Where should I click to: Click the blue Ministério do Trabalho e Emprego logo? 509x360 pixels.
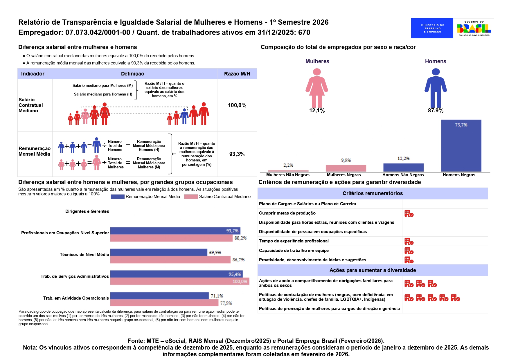(x=432, y=28)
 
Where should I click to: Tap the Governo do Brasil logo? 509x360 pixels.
(x=474, y=28)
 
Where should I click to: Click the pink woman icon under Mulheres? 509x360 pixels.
(x=317, y=88)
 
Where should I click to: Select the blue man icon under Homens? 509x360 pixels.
(x=436, y=88)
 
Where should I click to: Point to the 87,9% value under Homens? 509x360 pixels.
(x=436, y=111)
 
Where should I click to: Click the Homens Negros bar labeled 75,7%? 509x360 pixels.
(x=461, y=146)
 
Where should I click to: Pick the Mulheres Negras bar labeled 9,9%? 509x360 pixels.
(x=346, y=168)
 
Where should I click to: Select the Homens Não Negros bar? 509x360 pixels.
(x=403, y=168)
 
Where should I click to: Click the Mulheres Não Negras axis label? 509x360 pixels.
(x=288, y=175)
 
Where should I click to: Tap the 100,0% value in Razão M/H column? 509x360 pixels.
(x=237, y=105)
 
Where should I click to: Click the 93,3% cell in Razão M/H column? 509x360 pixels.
(x=237, y=154)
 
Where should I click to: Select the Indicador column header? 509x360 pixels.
(x=33, y=74)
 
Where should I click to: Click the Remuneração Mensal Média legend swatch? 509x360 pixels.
(x=118, y=197)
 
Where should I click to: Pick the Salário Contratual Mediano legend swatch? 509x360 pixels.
(x=191, y=197)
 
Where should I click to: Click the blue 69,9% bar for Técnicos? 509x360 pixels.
(x=159, y=252)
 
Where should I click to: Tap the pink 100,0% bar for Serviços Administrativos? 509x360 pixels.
(x=180, y=281)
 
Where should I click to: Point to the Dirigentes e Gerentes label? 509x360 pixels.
(x=87, y=211)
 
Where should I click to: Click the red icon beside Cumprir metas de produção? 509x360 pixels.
(x=409, y=214)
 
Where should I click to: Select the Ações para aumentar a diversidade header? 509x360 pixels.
(x=373, y=270)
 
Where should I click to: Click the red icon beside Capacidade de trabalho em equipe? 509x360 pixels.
(x=409, y=251)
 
